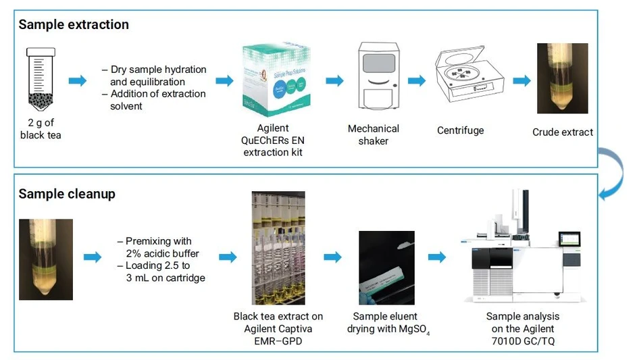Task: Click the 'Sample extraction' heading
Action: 74,25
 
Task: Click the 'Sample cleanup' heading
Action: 67,194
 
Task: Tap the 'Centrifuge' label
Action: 461,130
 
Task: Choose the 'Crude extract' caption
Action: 563,132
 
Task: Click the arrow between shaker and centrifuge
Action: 416,81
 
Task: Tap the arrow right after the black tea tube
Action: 78,81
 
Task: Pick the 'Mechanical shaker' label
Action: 374,134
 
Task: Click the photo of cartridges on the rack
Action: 278,248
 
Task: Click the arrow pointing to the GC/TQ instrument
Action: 437,257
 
